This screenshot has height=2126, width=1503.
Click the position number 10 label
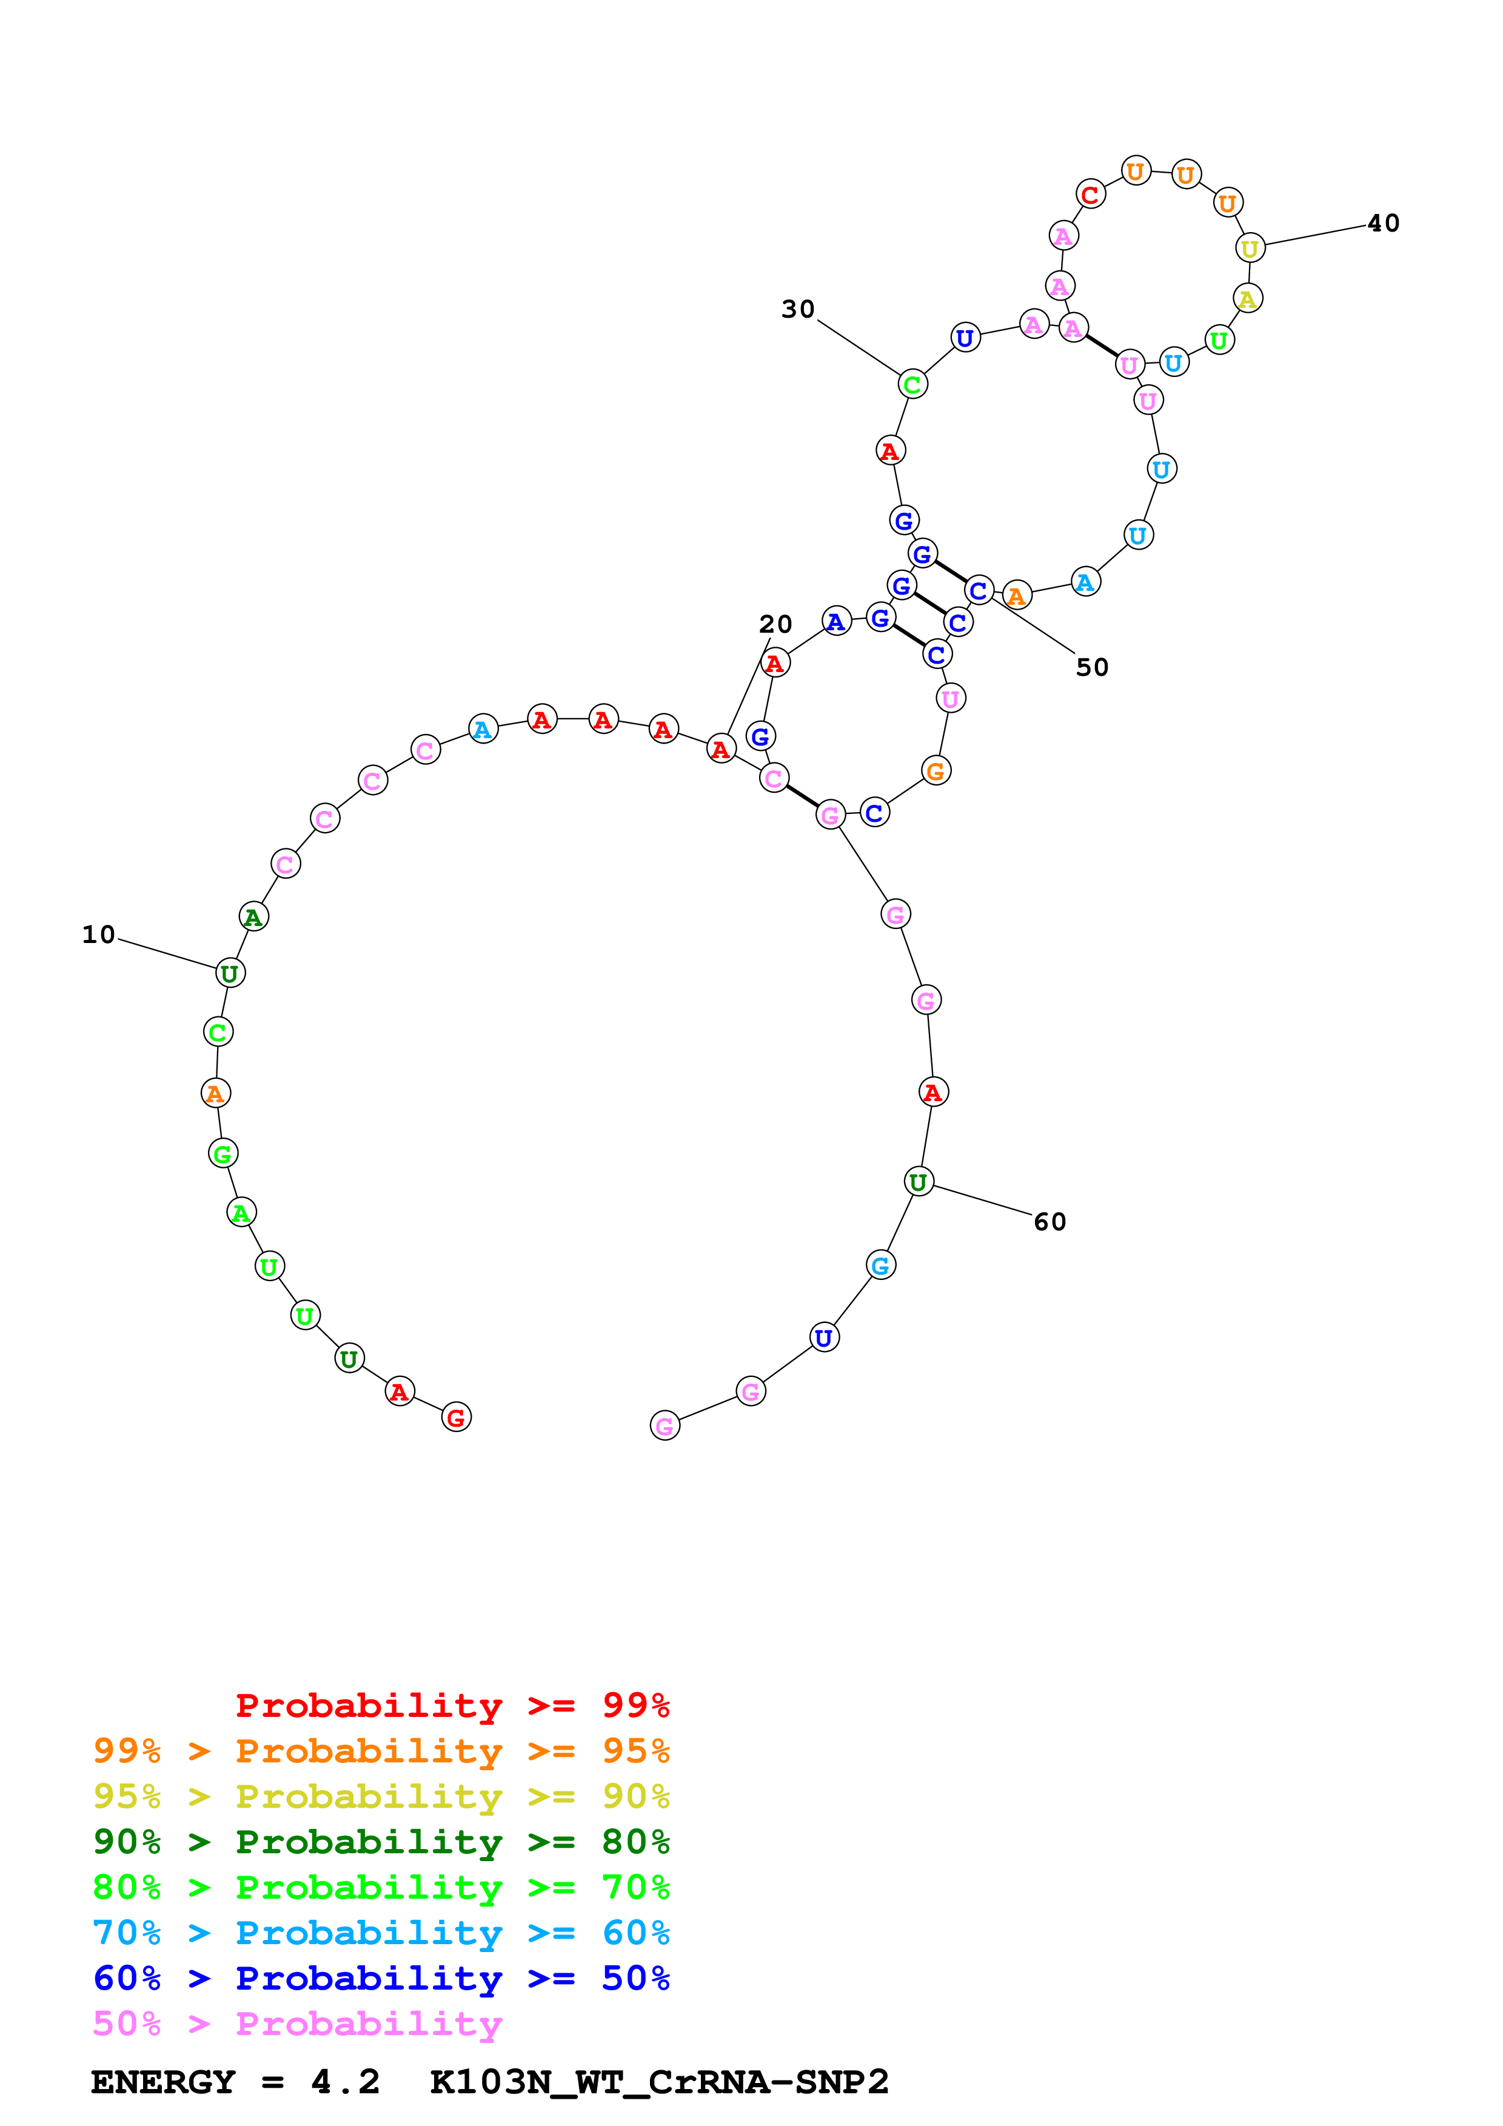pos(98,935)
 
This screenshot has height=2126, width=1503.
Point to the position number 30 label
pos(797,309)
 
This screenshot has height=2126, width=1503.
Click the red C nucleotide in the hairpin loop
pos(1090,195)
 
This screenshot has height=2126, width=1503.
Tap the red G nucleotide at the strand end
pos(455,1417)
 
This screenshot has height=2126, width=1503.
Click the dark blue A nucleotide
pos(835,621)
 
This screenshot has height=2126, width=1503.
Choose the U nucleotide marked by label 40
pos(1249,247)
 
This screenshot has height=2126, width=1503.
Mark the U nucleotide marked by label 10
pos(230,973)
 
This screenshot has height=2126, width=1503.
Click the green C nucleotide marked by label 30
pos(912,384)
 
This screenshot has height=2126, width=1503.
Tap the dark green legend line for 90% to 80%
pos(381,1842)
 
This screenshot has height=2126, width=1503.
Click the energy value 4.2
pos(344,2082)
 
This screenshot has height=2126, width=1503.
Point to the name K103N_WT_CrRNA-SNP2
pos(658,2082)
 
